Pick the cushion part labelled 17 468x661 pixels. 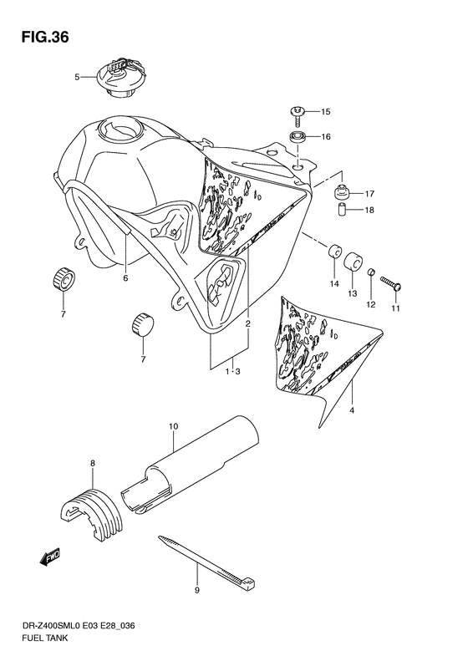tap(341, 192)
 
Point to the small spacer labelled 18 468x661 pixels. tap(342, 210)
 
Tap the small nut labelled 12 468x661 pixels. tap(371, 274)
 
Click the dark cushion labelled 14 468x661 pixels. tap(334, 251)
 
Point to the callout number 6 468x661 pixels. tap(125, 278)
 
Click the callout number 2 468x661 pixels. tap(247, 323)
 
